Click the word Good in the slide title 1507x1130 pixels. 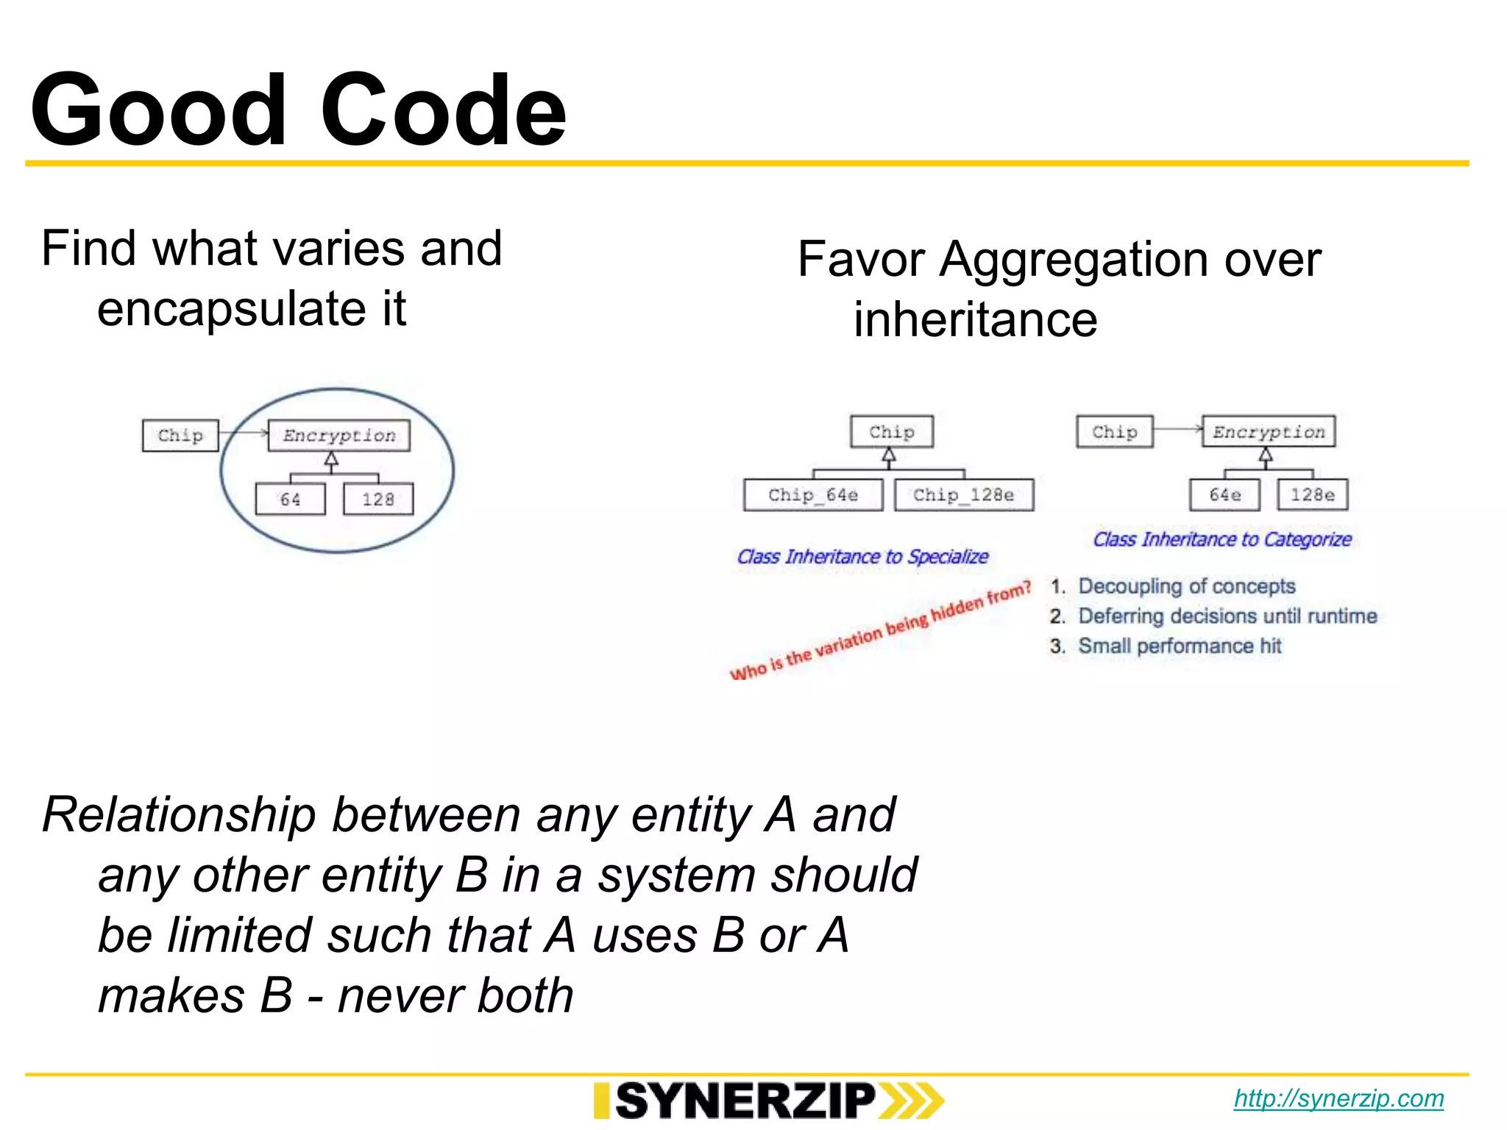(x=158, y=110)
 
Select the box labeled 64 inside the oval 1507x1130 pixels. (x=290, y=500)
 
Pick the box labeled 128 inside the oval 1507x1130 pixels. (x=378, y=500)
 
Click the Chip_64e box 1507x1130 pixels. (x=813, y=495)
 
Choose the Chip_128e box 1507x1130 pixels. (x=964, y=495)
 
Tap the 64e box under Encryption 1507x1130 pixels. (x=1224, y=495)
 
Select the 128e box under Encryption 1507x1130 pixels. (x=1313, y=495)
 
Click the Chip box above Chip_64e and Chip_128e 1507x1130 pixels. (x=892, y=432)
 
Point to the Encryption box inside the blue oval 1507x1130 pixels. (x=339, y=436)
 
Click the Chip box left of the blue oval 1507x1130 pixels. (x=180, y=436)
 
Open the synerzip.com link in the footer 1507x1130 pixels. (x=1338, y=1098)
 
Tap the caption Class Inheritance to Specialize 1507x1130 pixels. (x=862, y=557)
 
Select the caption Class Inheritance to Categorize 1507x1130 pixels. (x=1222, y=539)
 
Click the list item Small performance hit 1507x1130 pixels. (x=1180, y=646)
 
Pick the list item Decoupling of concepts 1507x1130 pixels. (x=1186, y=586)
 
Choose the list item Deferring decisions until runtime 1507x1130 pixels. (x=1227, y=616)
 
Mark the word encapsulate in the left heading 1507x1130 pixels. (x=231, y=308)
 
